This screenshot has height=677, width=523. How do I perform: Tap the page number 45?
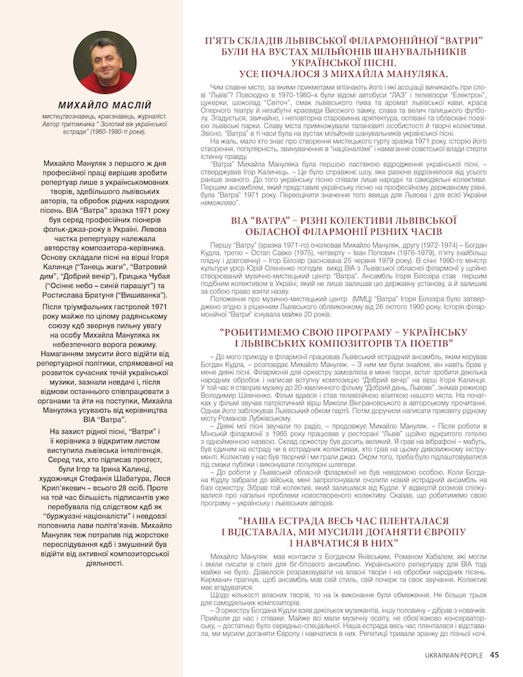(494, 656)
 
